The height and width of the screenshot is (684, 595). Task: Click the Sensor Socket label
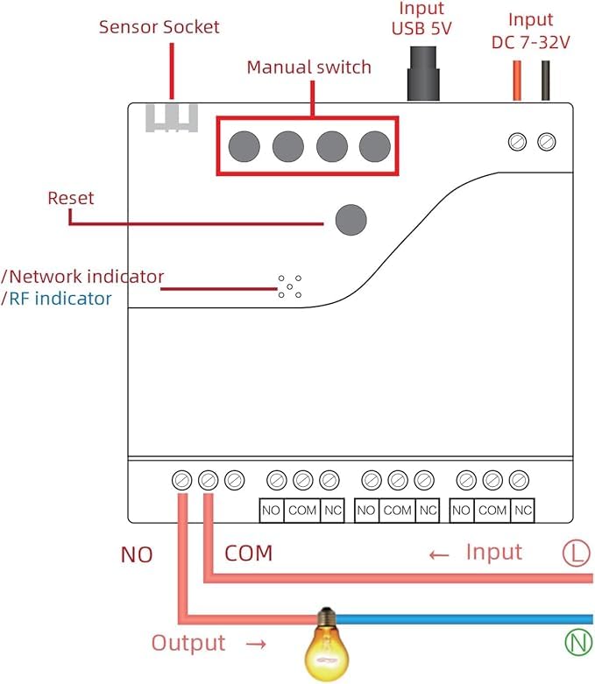(159, 27)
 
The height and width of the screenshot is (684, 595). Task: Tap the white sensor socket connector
(171, 118)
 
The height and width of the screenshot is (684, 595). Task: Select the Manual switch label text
(308, 67)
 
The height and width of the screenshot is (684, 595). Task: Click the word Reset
(71, 198)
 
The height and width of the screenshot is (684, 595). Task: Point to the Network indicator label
(86, 277)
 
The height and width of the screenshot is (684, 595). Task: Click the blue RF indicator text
(60, 299)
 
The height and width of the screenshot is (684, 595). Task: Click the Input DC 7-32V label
(530, 30)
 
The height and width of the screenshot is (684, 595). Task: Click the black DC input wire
(548, 81)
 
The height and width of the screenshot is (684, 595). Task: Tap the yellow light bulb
(325, 645)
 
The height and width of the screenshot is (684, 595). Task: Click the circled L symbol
(575, 553)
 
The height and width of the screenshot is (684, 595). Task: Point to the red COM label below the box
(249, 554)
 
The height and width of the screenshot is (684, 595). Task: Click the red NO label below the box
(136, 554)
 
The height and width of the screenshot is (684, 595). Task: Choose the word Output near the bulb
(188, 644)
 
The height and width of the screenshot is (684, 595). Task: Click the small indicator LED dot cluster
(289, 286)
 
